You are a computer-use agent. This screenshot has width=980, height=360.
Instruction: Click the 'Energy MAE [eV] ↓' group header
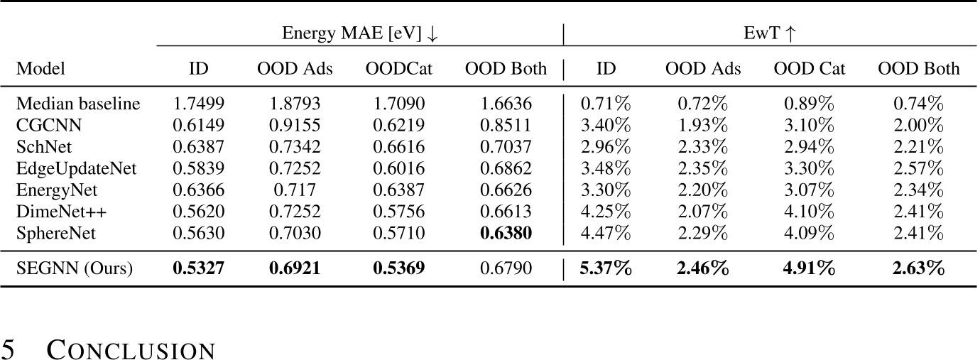pos(360,33)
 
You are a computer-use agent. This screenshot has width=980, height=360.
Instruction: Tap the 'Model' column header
pos(40,69)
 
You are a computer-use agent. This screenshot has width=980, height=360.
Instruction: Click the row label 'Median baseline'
pos(78,104)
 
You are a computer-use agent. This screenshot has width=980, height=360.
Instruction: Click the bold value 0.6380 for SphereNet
pos(506,233)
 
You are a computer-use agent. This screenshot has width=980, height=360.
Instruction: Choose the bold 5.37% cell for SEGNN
pos(606,269)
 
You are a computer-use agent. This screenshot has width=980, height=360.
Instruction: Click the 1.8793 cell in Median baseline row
pos(294,104)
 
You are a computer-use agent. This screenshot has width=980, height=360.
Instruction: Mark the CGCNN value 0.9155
pos(294,126)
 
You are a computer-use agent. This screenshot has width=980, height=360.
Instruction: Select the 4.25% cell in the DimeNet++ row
pos(606,212)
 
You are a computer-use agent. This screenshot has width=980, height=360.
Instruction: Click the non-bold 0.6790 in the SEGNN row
pos(506,269)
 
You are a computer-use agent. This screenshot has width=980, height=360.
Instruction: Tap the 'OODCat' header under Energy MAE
pos(398,69)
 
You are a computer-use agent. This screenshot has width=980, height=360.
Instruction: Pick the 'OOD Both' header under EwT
pos(918,69)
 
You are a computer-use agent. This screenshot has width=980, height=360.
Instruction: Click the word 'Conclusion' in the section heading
pos(131,350)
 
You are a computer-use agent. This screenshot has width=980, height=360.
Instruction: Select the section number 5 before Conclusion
pos(8,350)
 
